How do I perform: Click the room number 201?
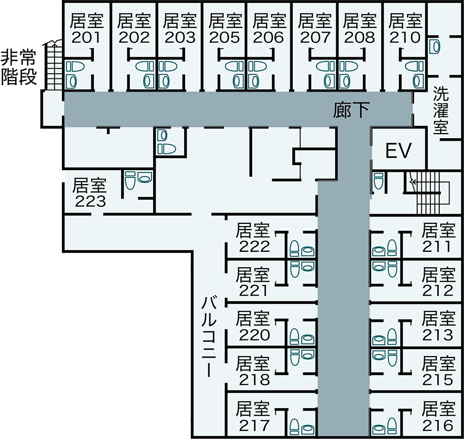pyautogui.click(x=87, y=37)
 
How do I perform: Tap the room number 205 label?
pyautogui.click(x=224, y=37)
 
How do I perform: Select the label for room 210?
pyautogui.click(x=405, y=37)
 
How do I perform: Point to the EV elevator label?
pyautogui.click(x=399, y=151)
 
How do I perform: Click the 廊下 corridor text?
pyautogui.click(x=351, y=109)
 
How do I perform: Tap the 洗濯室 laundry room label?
pyautogui.click(x=441, y=110)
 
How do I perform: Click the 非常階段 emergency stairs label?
pyautogui.click(x=19, y=68)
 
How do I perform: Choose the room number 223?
pyautogui.click(x=91, y=201)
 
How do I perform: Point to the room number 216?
pyautogui.click(x=438, y=425)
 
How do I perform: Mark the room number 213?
pyautogui.click(x=438, y=335)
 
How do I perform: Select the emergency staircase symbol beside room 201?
pyautogui.click(x=53, y=65)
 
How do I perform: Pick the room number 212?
pyautogui.click(x=438, y=291)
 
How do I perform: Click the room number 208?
pyautogui.click(x=359, y=37)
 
